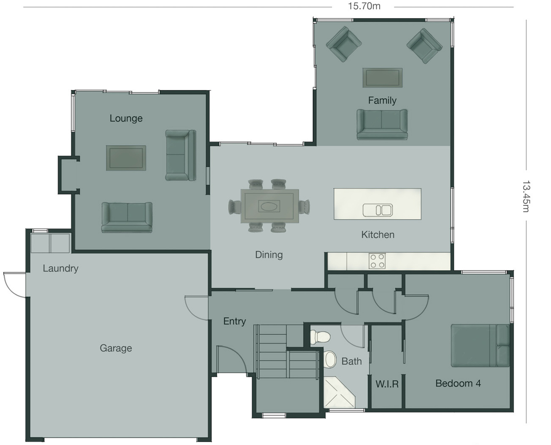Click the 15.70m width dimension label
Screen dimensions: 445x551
364,6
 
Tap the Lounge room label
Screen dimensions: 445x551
126,118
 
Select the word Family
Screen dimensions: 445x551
382,100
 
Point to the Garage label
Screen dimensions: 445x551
116,348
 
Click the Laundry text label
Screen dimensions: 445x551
61,268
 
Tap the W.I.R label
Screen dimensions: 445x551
387,384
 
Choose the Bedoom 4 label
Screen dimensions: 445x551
458,384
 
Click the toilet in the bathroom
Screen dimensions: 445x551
320,337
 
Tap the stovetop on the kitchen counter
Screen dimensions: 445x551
377,261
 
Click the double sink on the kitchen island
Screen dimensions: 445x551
378,210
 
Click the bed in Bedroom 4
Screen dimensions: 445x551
480,345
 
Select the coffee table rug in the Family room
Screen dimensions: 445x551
382,78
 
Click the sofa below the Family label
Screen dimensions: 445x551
382,124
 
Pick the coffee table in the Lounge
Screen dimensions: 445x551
126,158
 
